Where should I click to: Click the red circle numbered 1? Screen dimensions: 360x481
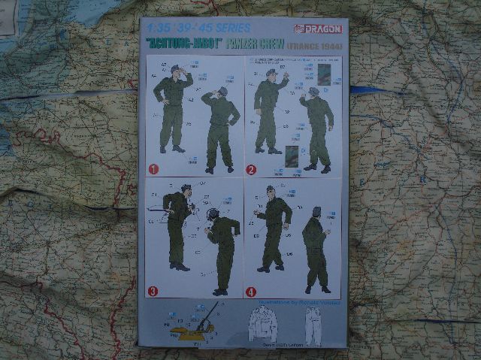(x=153, y=168)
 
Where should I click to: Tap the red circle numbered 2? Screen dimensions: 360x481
(x=251, y=168)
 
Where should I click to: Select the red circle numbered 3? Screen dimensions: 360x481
(x=153, y=291)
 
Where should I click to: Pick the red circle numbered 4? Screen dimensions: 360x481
(x=251, y=291)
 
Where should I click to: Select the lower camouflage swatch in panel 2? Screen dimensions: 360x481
(x=292, y=156)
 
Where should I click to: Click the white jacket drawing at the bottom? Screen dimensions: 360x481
(x=263, y=324)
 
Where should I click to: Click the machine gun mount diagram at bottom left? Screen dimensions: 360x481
(x=196, y=324)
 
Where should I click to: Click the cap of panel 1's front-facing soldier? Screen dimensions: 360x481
(x=174, y=68)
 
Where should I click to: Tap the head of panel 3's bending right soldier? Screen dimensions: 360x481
(x=212, y=215)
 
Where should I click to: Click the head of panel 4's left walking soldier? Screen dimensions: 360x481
(x=271, y=191)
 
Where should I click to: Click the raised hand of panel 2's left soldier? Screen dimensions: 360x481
(x=286, y=77)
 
